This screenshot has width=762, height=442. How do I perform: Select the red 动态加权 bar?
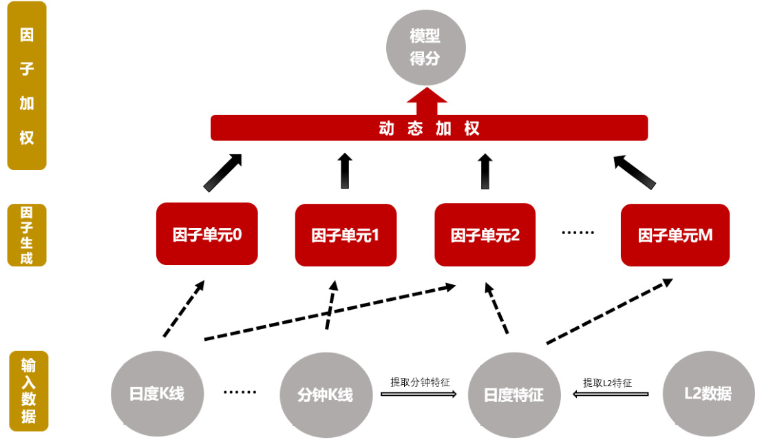429,128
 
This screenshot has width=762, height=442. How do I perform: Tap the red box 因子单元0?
207,234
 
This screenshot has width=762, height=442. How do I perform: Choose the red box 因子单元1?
346,235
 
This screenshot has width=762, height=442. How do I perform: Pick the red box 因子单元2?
485,235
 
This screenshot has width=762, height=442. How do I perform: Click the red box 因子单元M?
675,235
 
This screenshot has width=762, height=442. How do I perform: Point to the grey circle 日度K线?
157,394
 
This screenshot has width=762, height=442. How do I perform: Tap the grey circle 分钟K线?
325,394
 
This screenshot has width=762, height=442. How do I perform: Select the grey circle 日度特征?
514,394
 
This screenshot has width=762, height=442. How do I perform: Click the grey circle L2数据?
708,394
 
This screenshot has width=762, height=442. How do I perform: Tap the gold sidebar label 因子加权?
27,85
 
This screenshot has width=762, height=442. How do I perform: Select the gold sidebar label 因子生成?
27,235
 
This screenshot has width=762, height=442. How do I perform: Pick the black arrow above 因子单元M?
635,172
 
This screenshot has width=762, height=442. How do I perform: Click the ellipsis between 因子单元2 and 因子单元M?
578,233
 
